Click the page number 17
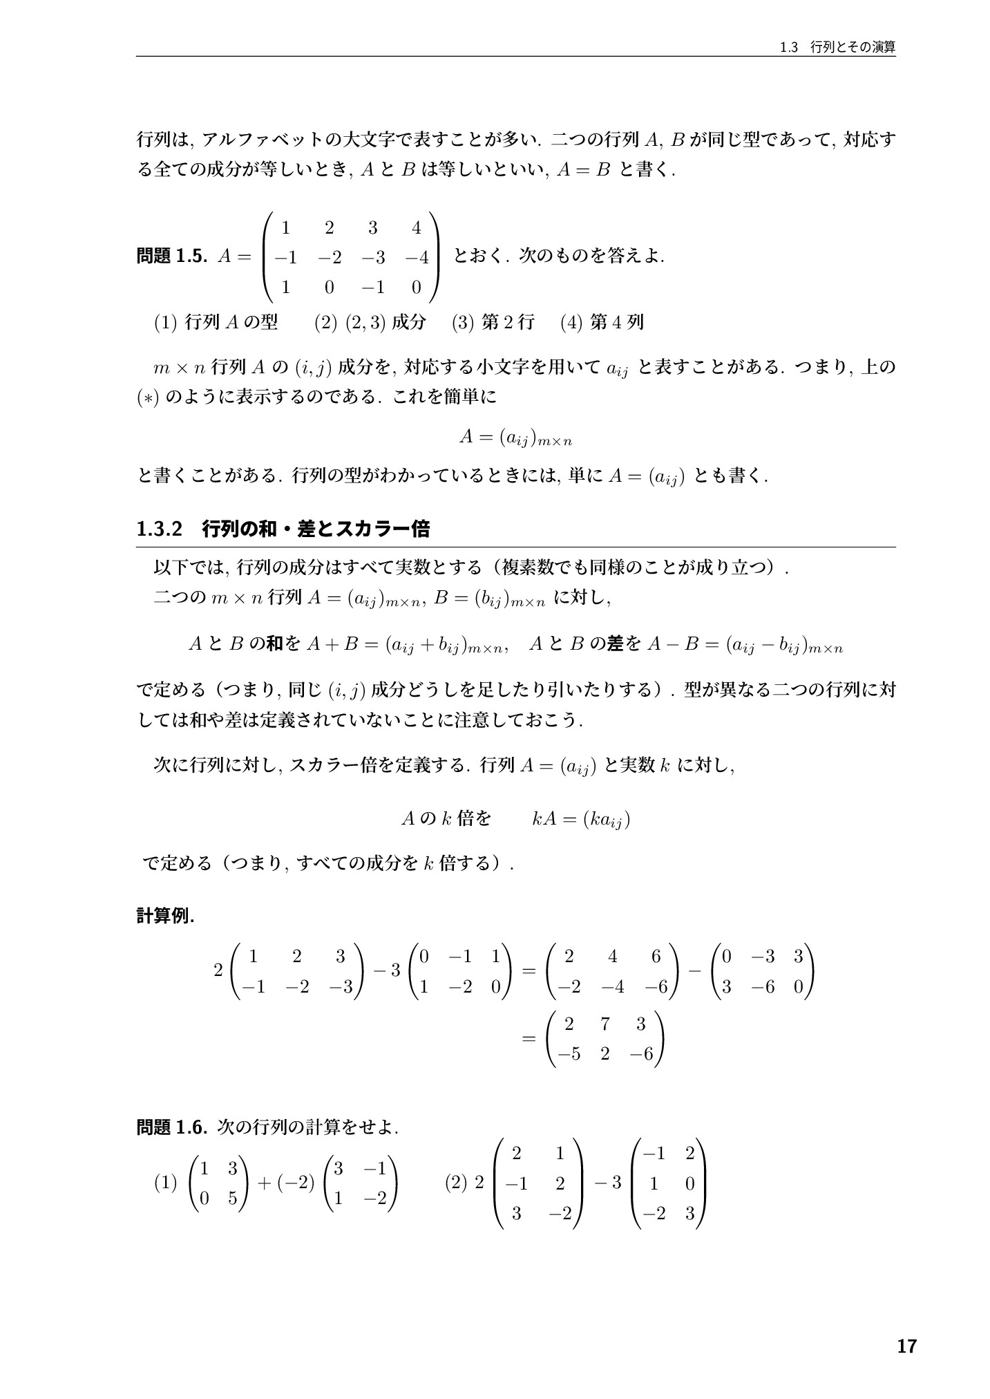[x=906, y=1346]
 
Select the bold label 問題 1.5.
[x=172, y=256]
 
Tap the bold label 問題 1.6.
[x=172, y=1127]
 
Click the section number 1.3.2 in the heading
[x=159, y=529]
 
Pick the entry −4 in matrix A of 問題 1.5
[x=417, y=258]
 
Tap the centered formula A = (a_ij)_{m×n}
[x=516, y=437]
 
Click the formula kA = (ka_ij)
[x=580, y=820]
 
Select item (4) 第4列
[x=602, y=322]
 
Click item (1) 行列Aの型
[x=216, y=322]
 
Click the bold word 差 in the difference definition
[x=615, y=645]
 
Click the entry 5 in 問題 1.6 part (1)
[x=232, y=1199]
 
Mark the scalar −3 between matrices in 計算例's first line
[x=387, y=970]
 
